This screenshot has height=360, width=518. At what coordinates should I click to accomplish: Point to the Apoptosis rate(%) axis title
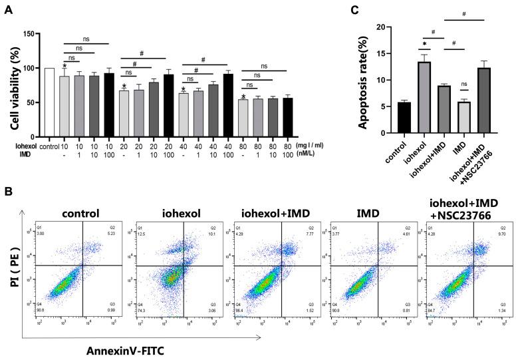tap(358, 81)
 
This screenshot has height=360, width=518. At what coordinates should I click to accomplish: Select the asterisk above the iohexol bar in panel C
tap(424, 50)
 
